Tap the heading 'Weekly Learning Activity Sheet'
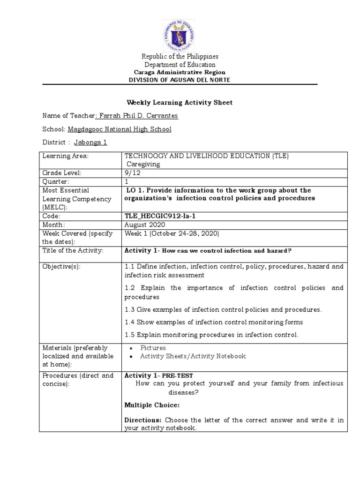[x=180, y=103]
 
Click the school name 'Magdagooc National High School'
[x=120, y=129]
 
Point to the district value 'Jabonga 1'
[x=90, y=142]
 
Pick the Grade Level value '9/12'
[x=133, y=173]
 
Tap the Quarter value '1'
[x=126, y=181]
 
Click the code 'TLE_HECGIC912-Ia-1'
[x=160, y=217]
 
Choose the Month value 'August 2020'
[x=142, y=225]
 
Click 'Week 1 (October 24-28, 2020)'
[x=172, y=233]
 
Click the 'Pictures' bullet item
[x=155, y=348]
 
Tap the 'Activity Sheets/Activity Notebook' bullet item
[x=193, y=356]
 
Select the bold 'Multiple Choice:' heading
[x=152, y=405]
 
